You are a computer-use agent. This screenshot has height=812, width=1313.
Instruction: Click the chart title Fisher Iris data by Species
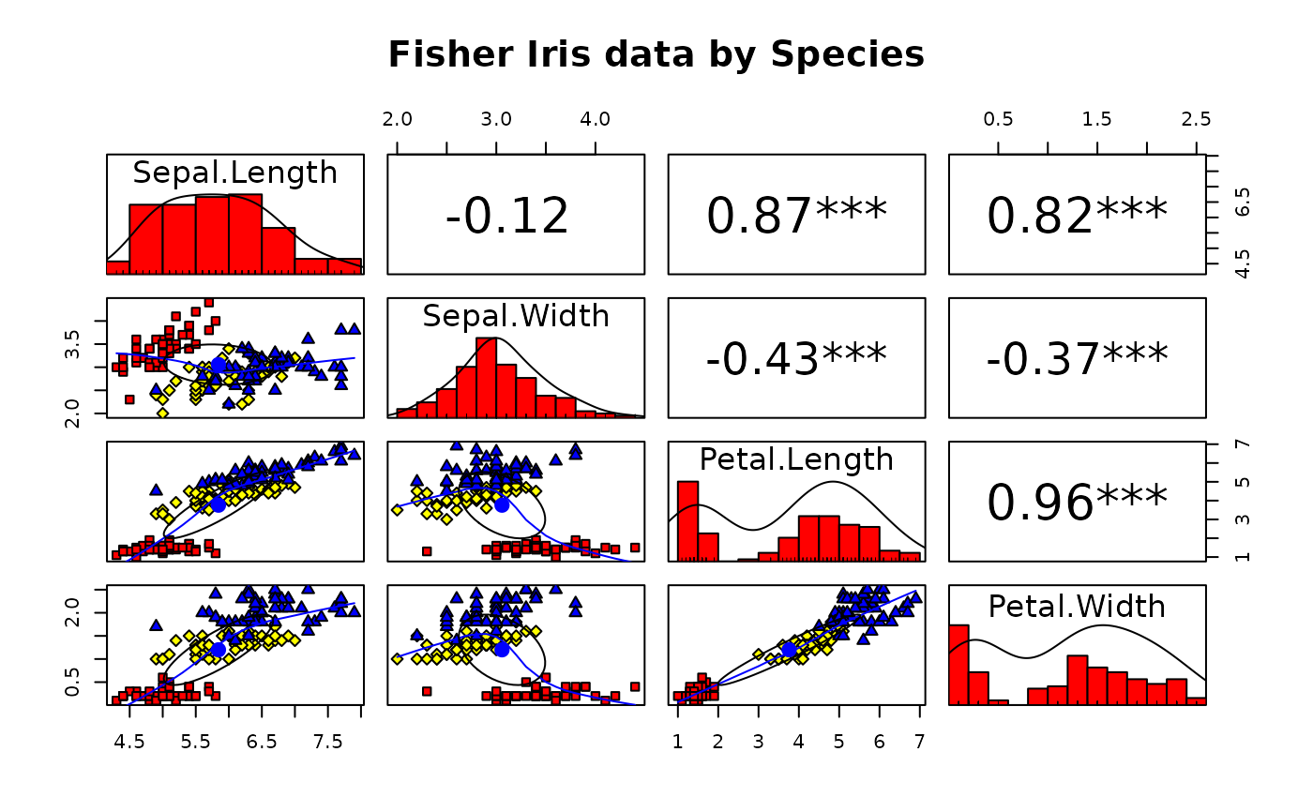[656, 54]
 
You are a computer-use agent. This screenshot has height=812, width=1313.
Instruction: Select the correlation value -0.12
[507, 216]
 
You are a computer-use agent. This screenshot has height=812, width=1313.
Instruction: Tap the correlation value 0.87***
[796, 216]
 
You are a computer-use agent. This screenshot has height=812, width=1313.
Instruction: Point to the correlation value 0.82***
[1077, 216]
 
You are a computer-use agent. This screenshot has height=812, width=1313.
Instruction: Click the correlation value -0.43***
[796, 359]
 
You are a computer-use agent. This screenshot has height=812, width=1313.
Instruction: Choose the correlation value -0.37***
[1077, 359]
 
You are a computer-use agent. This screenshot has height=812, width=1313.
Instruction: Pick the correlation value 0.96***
[1077, 504]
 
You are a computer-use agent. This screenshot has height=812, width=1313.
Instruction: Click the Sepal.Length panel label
[234, 173]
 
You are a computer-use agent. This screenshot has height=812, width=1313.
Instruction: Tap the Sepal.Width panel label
[516, 316]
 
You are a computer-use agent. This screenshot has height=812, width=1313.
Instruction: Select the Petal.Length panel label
[796, 459]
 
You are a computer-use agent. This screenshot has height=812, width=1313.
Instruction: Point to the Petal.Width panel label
[1077, 607]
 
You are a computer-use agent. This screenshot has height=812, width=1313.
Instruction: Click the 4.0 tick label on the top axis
[596, 119]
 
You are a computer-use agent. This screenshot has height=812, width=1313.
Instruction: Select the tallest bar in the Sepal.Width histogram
[486, 376]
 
